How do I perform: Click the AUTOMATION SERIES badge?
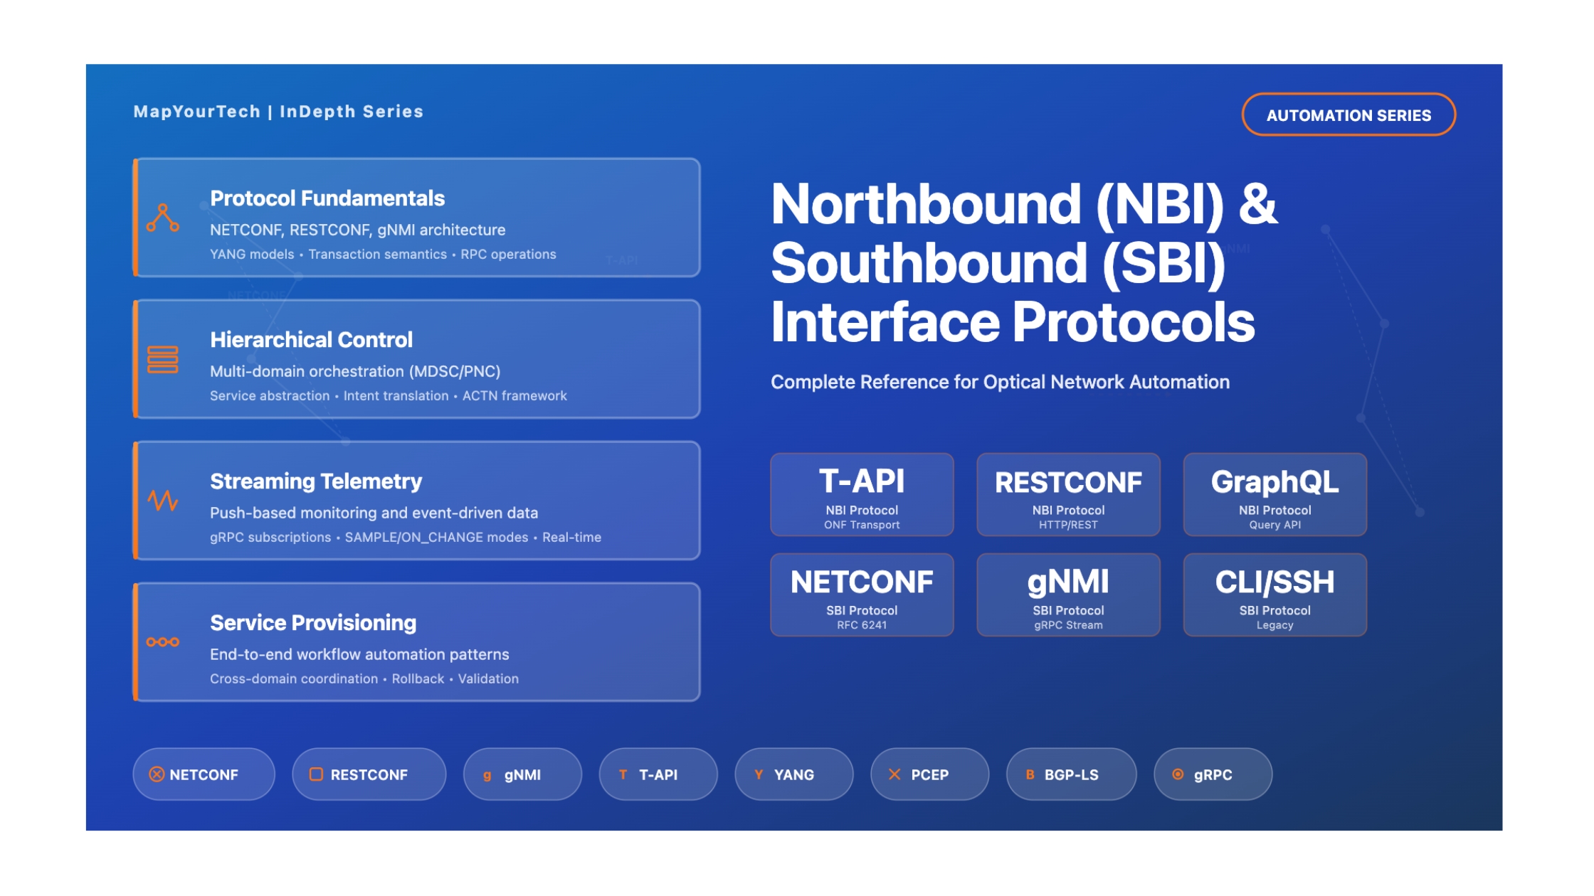pos(1348,114)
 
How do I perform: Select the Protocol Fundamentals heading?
pos(327,198)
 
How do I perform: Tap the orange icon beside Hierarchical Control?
pos(162,360)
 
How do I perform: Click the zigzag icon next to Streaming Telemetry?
pos(162,501)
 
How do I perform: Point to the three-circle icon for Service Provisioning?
pos(162,642)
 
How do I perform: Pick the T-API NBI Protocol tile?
pos(861,495)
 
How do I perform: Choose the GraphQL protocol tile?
pos(1274,495)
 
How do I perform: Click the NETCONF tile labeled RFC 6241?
pos(861,595)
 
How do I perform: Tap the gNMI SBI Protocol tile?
pos(1067,595)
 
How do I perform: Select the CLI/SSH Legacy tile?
pos(1274,595)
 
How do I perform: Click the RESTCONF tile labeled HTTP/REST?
pos(1067,495)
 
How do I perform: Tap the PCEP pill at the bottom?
pos(929,774)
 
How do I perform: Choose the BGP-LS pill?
pos(1070,774)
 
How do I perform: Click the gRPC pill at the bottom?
pos(1212,774)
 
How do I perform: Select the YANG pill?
pos(793,774)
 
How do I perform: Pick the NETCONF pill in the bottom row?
pos(204,774)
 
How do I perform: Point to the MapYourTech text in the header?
pos(197,112)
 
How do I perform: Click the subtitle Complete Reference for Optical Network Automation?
pos(1000,382)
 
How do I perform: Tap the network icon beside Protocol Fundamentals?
pos(162,218)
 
